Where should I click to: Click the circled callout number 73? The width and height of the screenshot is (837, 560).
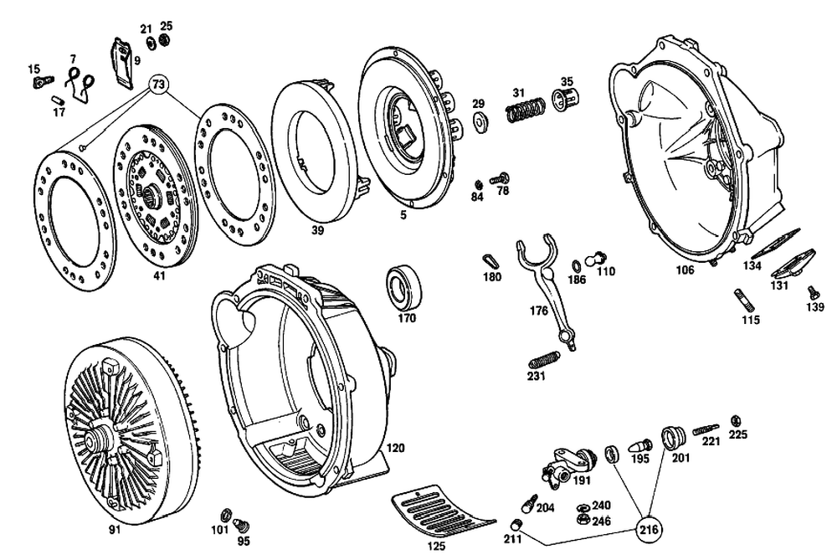(159, 85)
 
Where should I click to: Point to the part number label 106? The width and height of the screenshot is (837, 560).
(685, 270)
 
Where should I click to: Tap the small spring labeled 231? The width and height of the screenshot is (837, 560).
(545, 359)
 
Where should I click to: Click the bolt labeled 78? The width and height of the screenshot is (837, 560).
(501, 177)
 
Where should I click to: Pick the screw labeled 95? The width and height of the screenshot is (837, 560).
(244, 525)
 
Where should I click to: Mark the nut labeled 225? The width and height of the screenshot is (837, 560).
(736, 419)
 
